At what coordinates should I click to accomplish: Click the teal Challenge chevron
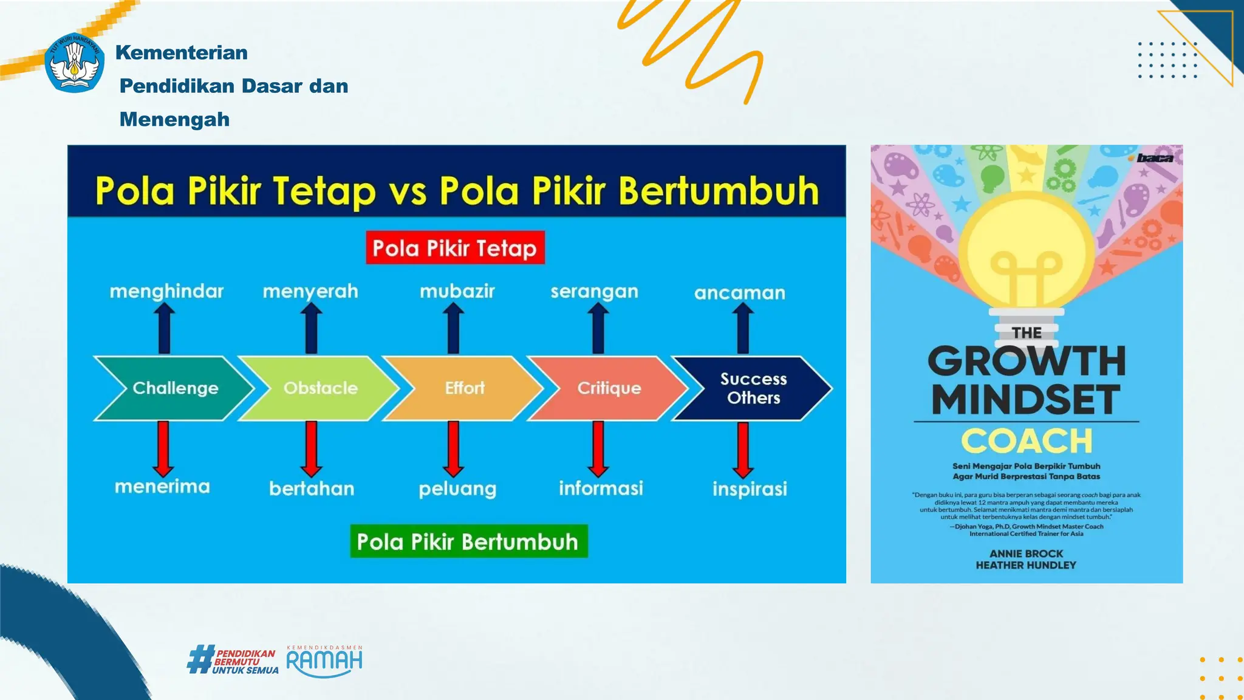point(175,388)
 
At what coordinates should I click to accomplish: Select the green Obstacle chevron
point(320,388)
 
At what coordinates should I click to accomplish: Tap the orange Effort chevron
point(465,388)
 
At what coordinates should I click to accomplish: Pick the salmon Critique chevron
point(609,388)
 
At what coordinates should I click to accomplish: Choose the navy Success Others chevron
point(753,388)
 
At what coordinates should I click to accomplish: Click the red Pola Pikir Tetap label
point(455,248)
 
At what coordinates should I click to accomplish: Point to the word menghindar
point(166,292)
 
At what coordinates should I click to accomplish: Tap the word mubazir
point(457,292)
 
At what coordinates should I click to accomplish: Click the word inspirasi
point(750,489)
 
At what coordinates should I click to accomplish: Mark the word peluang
point(457,489)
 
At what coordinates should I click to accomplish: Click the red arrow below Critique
point(598,448)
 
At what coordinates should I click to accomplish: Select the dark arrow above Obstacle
point(311,329)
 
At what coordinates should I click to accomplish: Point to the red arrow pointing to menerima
point(163,448)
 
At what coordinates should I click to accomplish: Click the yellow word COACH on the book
point(1027,441)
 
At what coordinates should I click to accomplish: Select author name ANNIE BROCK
point(1027,554)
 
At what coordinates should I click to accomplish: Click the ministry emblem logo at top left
point(74,63)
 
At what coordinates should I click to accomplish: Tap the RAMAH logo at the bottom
point(324,661)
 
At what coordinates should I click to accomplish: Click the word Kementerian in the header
point(182,53)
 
